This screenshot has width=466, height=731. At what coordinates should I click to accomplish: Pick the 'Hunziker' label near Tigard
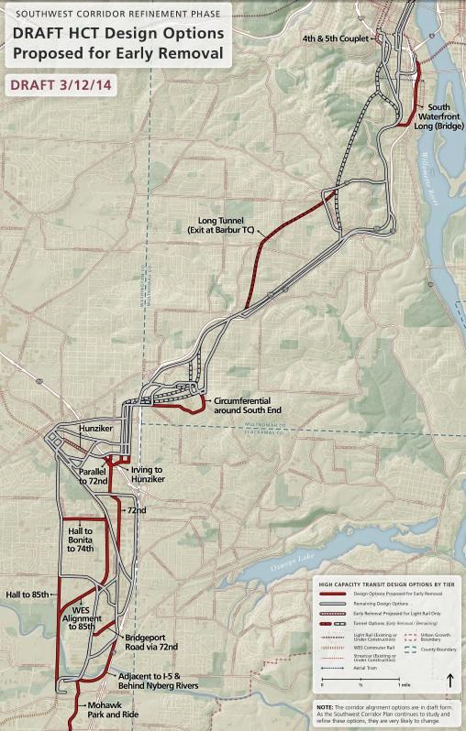point(94,429)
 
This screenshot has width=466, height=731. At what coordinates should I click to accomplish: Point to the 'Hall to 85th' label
point(27,594)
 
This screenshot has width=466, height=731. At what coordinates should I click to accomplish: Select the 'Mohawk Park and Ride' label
point(108,710)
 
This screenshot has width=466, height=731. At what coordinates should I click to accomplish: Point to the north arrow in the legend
point(449,680)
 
